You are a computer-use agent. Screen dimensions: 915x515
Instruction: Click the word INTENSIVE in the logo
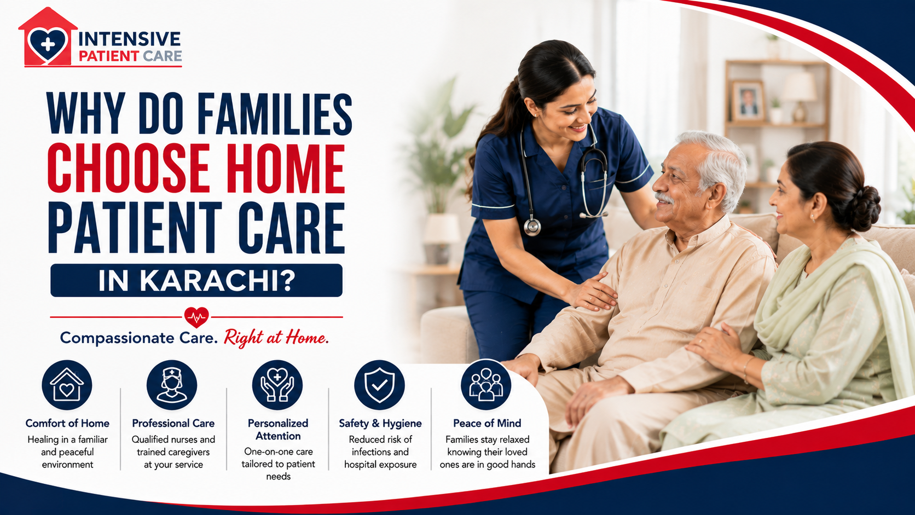(129, 39)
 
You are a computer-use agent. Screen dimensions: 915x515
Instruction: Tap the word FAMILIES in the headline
(275, 114)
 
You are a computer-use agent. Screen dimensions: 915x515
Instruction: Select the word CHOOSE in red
(128, 169)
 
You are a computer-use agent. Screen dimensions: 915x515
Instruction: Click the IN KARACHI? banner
(196, 280)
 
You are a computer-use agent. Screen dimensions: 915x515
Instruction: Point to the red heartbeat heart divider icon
(196, 317)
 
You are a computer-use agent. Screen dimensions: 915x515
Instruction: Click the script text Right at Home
(276, 338)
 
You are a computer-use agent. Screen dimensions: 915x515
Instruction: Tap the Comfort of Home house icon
(67, 385)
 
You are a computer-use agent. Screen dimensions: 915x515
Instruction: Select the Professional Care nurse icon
(172, 385)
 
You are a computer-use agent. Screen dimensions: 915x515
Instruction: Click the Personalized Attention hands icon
(277, 385)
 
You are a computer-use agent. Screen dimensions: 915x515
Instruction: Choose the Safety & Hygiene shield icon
(379, 385)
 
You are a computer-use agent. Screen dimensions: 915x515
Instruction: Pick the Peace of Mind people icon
(486, 385)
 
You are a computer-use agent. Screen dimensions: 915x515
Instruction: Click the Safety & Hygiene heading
(380, 424)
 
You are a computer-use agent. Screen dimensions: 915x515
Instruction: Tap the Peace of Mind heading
(487, 423)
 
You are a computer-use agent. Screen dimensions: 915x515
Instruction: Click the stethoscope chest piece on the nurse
(532, 227)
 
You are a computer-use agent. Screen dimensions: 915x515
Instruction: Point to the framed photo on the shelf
(748, 101)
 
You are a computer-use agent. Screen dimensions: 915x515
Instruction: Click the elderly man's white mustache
(664, 199)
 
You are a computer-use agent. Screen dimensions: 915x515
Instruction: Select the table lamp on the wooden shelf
(799, 96)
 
